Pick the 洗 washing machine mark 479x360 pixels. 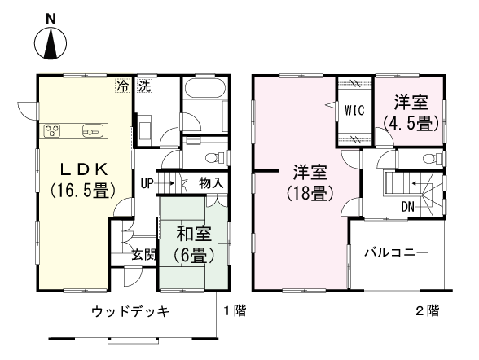click(x=144, y=85)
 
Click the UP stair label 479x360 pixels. click(x=147, y=183)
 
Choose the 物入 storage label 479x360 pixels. click(x=211, y=183)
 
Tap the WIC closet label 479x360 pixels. click(x=354, y=109)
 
